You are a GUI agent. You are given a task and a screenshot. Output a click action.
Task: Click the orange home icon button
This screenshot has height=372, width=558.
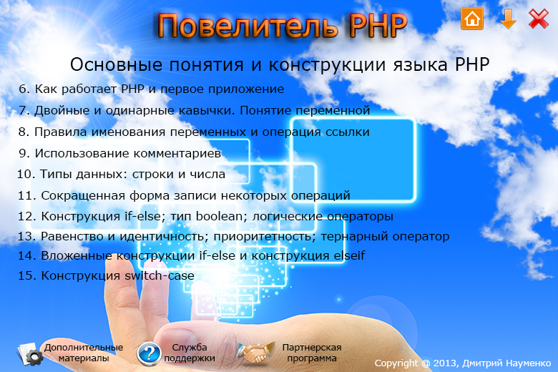(x=472, y=18)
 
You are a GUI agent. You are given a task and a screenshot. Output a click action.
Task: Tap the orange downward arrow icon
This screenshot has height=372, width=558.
(x=508, y=19)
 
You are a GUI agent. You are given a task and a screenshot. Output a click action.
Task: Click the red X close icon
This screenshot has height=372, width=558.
(x=539, y=19)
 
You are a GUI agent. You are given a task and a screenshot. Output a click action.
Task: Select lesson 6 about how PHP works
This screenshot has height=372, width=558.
(x=152, y=89)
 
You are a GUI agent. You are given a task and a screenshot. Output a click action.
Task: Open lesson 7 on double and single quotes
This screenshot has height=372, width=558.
(x=195, y=110)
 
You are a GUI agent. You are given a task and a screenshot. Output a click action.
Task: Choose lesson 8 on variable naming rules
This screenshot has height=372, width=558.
(x=194, y=132)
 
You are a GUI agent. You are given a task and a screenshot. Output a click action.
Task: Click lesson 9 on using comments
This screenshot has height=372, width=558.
(x=120, y=153)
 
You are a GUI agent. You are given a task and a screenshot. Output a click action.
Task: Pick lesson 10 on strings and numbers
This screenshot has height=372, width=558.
(x=122, y=174)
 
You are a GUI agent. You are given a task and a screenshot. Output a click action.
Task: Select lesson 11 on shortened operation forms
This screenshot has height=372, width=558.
(x=184, y=195)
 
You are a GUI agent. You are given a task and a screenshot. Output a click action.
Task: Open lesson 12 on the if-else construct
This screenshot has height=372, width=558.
(x=206, y=216)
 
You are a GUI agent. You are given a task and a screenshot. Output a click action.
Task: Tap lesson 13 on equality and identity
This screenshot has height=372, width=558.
(x=233, y=236)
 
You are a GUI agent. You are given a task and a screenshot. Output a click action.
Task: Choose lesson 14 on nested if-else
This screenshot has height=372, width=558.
(x=192, y=255)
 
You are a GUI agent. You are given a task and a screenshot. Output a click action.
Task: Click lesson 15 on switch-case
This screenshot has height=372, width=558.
(x=106, y=275)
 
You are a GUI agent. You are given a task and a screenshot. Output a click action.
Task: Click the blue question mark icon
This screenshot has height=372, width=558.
(x=149, y=353)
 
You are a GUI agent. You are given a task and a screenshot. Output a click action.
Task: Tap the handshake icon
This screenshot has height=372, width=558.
(x=255, y=353)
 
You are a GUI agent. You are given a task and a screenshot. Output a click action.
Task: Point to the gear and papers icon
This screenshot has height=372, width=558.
(x=30, y=354)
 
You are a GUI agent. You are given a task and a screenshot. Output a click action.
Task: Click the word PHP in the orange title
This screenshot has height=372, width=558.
(x=378, y=26)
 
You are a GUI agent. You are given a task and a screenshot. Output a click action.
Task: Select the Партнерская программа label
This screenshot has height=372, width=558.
(x=312, y=353)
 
